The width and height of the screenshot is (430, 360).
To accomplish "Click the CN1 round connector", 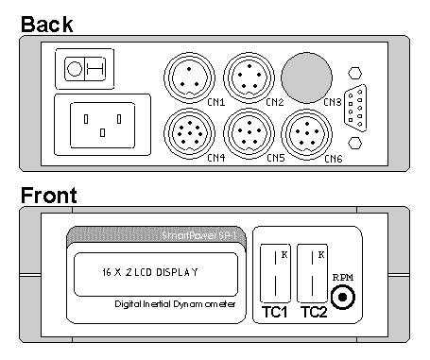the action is (x=189, y=77).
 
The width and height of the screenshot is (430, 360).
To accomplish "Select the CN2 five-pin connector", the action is (x=249, y=77).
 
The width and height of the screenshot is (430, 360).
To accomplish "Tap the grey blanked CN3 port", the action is (x=306, y=77).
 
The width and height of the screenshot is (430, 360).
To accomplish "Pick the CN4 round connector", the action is (x=189, y=133).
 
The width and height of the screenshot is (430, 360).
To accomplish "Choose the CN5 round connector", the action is (x=249, y=133).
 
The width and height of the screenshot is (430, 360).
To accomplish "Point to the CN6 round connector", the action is (x=306, y=134).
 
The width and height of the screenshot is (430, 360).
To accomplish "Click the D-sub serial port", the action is (x=355, y=108).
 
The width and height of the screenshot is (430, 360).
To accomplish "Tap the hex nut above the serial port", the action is (x=355, y=73).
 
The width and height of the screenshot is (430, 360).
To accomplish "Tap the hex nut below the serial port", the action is (x=355, y=143).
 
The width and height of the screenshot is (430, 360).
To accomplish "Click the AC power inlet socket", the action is (x=102, y=125).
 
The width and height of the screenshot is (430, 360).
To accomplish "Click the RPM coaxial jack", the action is (x=343, y=297).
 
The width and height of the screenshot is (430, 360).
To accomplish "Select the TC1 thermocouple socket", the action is (x=275, y=273).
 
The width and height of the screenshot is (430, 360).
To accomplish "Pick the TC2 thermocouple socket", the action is (x=312, y=273).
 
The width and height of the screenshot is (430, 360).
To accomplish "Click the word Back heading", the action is (x=47, y=25).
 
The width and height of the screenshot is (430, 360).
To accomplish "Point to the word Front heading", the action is (x=49, y=196).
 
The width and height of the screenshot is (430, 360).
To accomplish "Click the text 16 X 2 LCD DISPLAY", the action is (x=150, y=272).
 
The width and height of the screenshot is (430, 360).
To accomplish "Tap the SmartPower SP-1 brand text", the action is (x=198, y=235).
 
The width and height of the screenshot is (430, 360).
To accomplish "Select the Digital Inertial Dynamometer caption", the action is (x=175, y=304).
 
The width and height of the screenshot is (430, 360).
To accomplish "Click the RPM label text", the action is (x=343, y=277).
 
